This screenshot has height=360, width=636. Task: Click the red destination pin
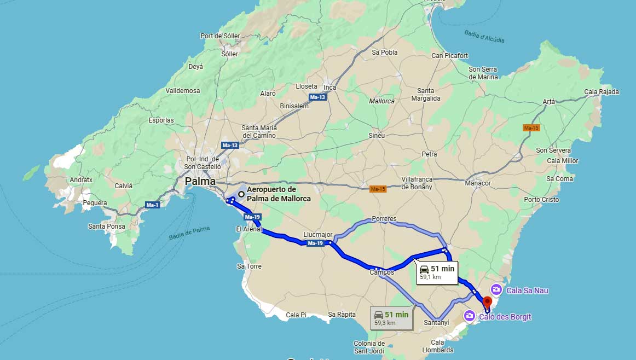487,303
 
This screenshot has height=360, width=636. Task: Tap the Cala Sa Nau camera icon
496,289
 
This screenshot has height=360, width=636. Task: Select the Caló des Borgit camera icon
469,316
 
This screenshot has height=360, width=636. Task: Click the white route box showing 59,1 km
436,272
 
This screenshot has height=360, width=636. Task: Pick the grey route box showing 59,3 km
391,318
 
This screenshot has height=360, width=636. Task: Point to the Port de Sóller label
220,36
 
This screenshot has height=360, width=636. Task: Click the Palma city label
200,181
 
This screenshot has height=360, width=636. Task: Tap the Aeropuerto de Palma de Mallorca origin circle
241,194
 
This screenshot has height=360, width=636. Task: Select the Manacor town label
478,183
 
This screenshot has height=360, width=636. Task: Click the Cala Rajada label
602,92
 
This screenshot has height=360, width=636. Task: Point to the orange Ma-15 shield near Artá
531,127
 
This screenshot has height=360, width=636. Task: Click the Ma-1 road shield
152,205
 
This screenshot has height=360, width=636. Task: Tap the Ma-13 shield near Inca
317,97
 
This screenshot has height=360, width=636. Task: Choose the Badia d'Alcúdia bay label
484,36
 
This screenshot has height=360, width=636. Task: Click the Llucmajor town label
318,235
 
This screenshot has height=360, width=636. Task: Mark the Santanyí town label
436,323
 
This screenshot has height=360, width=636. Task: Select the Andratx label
81,179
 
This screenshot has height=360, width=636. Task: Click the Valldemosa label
183,90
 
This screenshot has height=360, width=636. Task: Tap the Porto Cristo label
541,200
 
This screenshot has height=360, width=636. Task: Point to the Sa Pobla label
384,53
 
